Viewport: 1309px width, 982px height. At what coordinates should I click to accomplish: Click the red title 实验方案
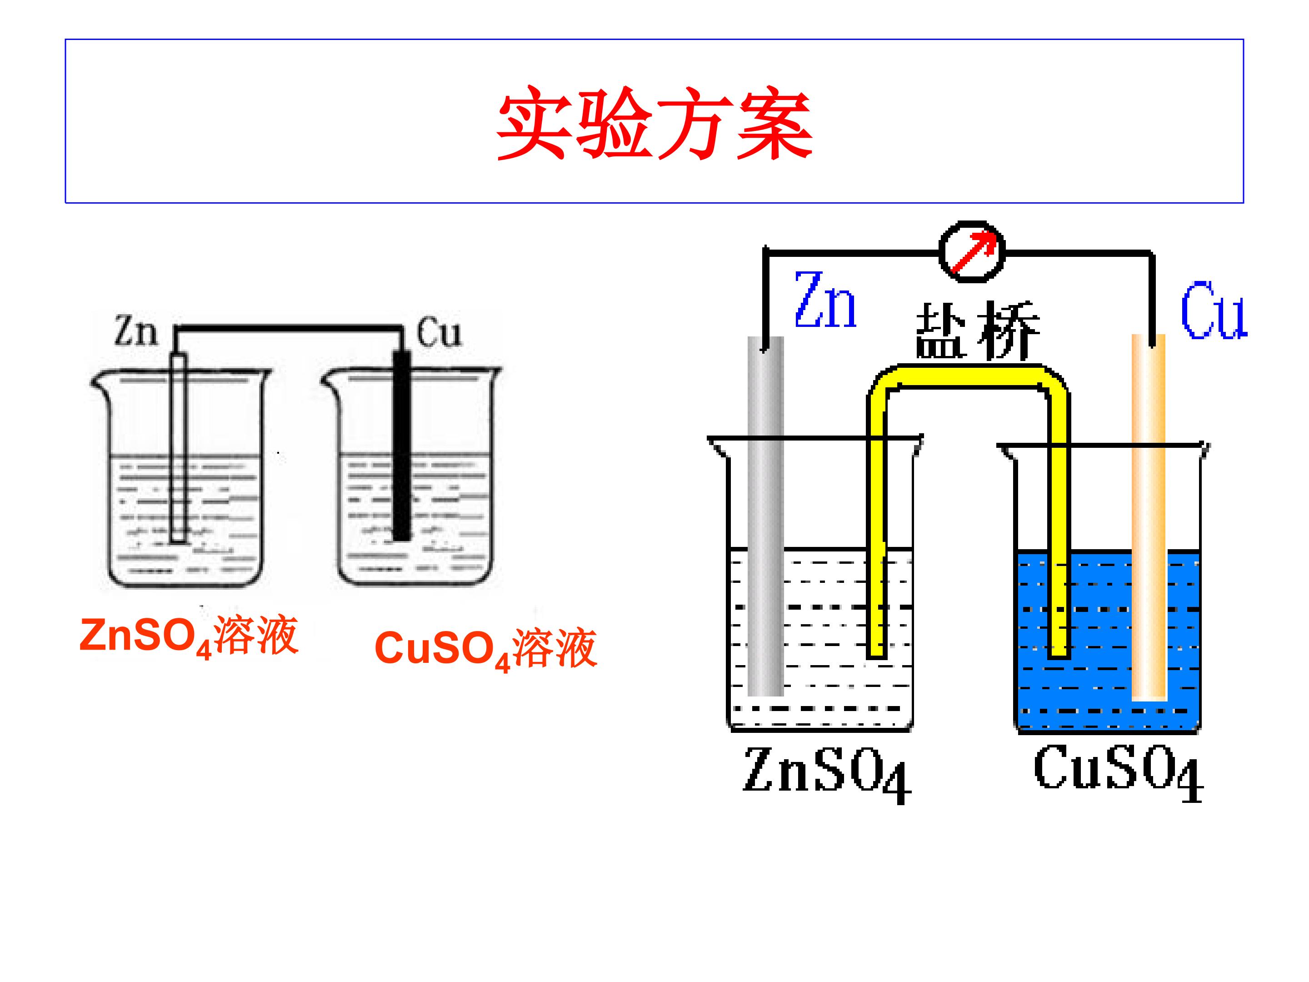click(x=654, y=124)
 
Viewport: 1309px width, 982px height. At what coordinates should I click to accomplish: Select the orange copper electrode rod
click(x=1149, y=517)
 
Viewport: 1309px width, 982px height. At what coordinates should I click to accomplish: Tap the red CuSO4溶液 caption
click(x=486, y=649)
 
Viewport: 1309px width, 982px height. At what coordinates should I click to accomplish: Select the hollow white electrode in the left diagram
click(x=178, y=448)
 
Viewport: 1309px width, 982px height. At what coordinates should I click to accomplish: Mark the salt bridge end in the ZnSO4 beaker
click(x=876, y=652)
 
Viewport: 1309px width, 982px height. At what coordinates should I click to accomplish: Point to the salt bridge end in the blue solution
click(x=1058, y=652)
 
